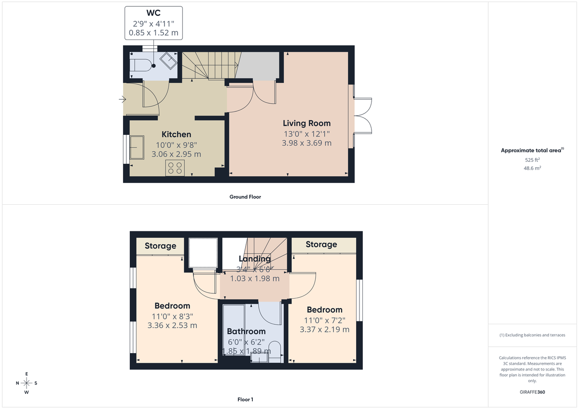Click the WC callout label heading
153,12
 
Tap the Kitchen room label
176,134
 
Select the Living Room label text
306,123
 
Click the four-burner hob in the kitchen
175,168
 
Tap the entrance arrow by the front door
122,100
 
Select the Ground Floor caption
245,197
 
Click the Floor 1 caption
245,399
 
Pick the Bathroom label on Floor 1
246,331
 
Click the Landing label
254,259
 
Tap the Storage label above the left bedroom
160,246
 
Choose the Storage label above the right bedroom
321,245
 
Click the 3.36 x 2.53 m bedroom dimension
172,325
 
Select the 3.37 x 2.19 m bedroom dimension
324,330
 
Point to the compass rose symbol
27,383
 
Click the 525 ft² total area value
532,160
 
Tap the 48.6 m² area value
532,168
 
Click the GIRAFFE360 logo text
532,392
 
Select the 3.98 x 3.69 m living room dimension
307,143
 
